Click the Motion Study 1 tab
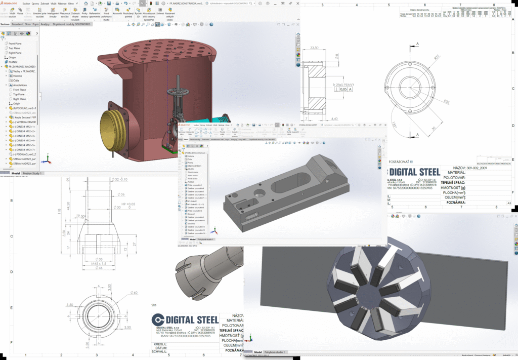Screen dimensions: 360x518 (31, 173)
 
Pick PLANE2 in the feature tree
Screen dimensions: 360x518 (14, 62)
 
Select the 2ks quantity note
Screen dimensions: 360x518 (154, 305)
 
